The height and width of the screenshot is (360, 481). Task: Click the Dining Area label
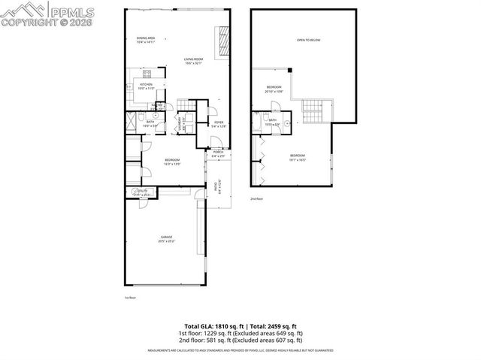coord(145,40)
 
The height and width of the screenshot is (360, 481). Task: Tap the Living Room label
coord(194,60)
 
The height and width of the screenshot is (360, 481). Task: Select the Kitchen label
coord(146,86)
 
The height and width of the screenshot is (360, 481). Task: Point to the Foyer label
coord(219,124)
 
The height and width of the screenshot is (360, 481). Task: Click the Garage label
coord(166,240)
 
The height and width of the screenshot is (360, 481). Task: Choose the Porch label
coord(218,153)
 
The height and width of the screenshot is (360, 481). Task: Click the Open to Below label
coord(308,40)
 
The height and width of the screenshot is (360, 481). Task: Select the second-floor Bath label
coord(273,122)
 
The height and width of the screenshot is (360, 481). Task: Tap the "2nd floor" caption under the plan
coord(256,199)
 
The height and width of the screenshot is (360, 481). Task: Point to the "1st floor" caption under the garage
coord(129,298)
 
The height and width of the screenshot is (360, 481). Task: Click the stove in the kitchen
coord(147,74)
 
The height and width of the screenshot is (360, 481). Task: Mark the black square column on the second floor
coord(291,71)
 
